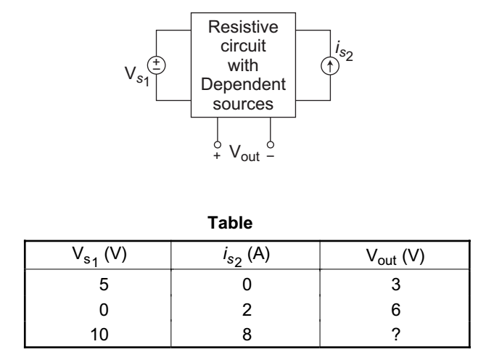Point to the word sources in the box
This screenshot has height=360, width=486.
(x=243, y=103)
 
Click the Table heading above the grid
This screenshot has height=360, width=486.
(x=242, y=225)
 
